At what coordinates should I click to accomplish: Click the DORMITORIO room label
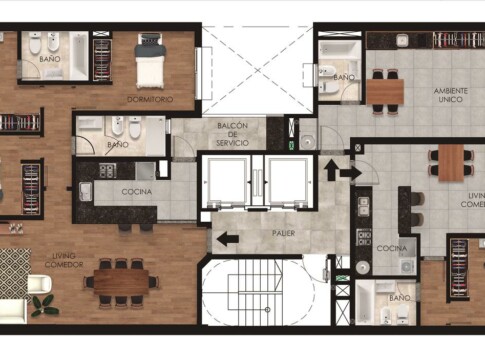150,99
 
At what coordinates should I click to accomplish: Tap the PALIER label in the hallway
283,233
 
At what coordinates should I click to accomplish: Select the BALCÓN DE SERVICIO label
232,134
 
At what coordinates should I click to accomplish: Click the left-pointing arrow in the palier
228,239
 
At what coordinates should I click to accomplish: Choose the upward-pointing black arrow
331,170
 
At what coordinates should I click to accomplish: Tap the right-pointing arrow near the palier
351,173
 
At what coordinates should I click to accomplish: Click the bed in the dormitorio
150,61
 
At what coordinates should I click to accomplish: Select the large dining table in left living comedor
121,282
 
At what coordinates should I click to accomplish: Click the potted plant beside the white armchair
45,305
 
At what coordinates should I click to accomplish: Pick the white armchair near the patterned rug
39,284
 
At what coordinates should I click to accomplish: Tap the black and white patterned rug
15,274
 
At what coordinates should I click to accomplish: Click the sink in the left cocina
85,192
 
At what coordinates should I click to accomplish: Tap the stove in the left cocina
107,170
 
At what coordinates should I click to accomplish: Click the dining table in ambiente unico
385,92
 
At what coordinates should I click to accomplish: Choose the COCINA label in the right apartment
392,248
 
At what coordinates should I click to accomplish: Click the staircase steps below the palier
255,293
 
